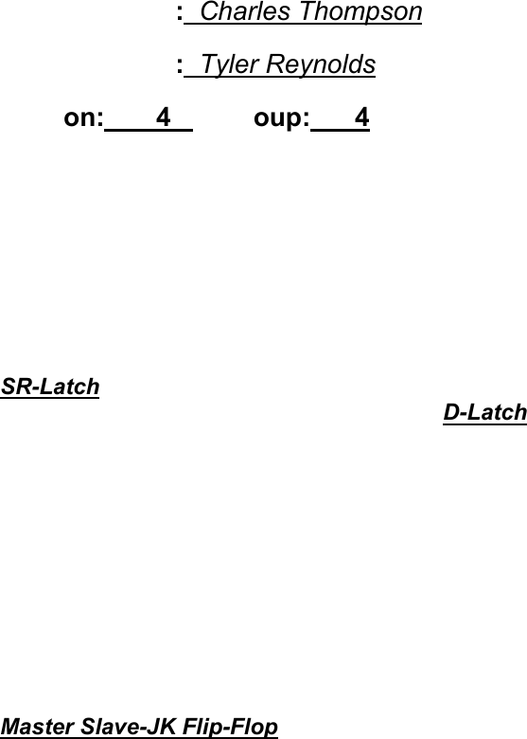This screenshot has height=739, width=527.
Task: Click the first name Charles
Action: (x=245, y=11)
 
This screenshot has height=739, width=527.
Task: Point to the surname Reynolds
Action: (x=321, y=64)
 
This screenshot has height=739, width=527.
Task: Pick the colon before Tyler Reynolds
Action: (x=180, y=66)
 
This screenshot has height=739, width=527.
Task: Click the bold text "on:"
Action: (x=83, y=117)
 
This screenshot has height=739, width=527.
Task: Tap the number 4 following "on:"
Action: (x=164, y=117)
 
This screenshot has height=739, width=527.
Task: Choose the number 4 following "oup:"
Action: (x=361, y=117)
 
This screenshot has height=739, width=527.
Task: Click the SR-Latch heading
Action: (x=50, y=387)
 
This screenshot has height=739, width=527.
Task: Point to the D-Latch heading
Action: (x=484, y=412)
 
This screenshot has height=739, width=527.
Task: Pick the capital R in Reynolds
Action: (x=275, y=64)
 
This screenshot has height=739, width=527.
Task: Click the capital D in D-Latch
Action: (x=451, y=412)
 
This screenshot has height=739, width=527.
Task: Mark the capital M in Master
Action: (x=12, y=727)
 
